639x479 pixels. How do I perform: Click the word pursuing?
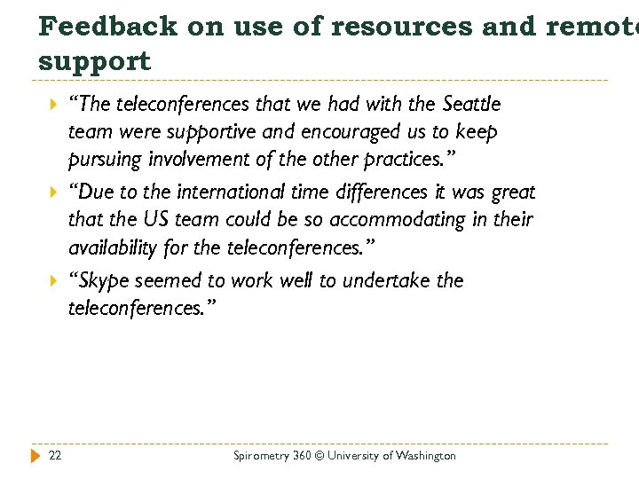[103, 161]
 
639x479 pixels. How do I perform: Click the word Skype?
[100, 281]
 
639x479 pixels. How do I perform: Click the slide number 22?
[55, 455]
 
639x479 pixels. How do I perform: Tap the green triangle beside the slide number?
[35, 455]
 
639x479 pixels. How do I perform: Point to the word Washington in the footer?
[425, 456]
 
